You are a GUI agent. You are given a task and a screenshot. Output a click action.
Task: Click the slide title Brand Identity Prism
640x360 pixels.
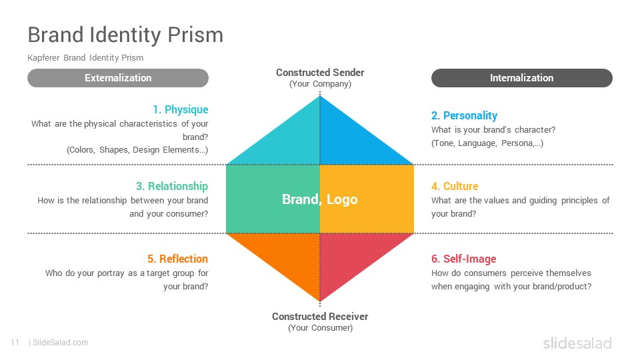coord(125,34)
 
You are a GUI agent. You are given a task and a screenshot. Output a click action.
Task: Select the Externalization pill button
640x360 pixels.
coord(118,78)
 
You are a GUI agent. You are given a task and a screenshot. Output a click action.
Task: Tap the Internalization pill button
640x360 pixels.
coord(521,78)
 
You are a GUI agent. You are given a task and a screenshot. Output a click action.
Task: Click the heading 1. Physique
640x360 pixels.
coord(180,109)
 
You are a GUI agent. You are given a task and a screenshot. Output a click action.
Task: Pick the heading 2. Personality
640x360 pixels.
coord(464,115)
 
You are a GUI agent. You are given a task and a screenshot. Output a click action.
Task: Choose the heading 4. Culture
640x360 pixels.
coord(455,186)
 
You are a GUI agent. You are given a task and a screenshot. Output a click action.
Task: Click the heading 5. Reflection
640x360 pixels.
coord(177,259)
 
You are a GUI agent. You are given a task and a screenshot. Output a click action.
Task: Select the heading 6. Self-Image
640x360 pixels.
coord(464,259)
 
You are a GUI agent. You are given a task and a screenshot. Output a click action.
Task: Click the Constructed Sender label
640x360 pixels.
coord(320,73)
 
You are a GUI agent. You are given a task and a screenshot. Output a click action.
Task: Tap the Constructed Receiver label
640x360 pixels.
coord(320,317)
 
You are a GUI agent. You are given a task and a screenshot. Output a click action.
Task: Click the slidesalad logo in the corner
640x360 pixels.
coord(577,343)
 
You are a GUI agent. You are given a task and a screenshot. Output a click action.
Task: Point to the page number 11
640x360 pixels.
coord(15,343)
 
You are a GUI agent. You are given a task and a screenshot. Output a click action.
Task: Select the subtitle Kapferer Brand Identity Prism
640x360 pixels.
coord(85,58)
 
